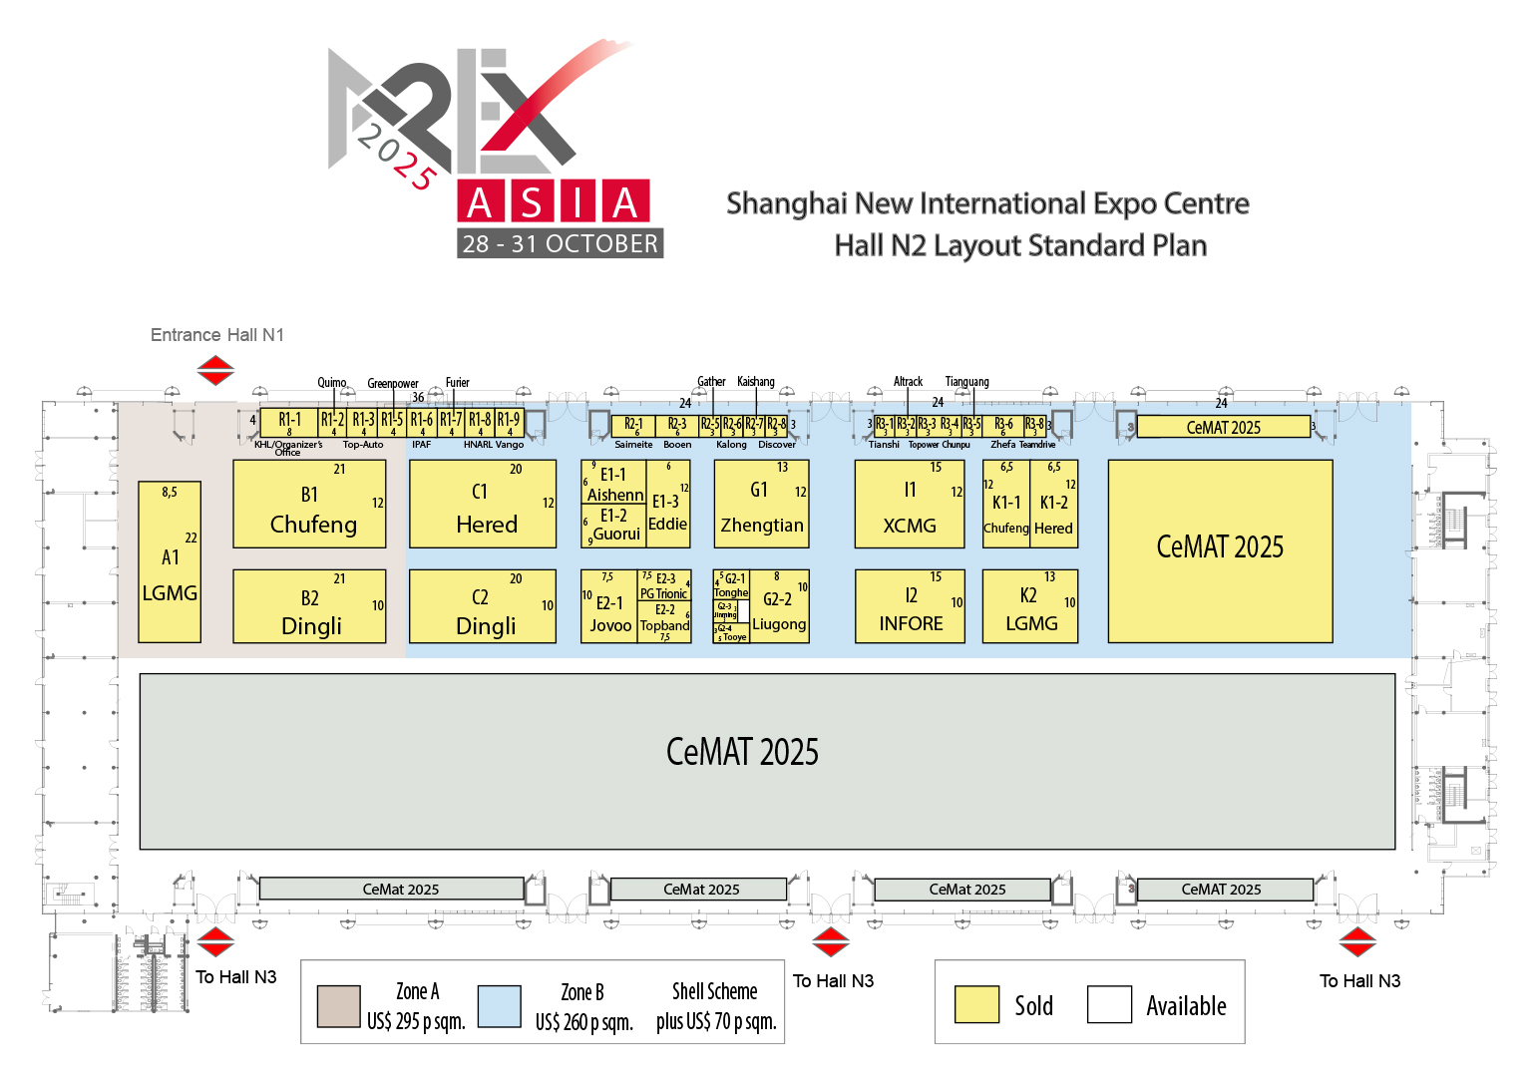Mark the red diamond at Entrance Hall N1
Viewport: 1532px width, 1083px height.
coord(215,371)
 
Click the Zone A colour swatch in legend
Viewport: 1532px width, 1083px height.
coord(338,1006)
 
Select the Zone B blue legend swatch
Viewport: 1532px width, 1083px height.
coord(499,1006)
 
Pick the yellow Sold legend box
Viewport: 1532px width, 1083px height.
coord(976,1004)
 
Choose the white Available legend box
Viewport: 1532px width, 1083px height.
coord(1109,1004)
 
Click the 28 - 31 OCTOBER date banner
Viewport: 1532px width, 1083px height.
coord(561,243)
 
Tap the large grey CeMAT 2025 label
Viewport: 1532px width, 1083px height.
coord(742,752)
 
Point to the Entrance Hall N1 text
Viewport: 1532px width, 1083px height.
coord(217,335)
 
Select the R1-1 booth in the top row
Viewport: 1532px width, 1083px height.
coord(289,422)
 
